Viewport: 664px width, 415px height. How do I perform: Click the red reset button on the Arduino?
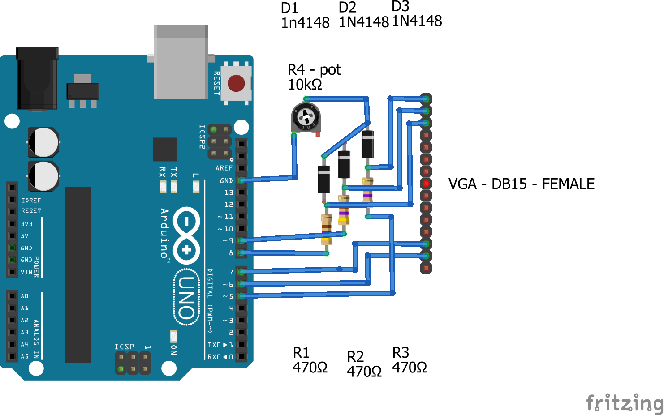click(x=236, y=83)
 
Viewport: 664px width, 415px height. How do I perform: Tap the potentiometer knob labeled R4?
click(x=306, y=118)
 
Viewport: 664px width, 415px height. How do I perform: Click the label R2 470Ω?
click(x=364, y=364)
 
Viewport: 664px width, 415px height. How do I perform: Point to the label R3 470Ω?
click(x=409, y=360)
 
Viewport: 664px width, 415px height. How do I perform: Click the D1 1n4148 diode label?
click(x=305, y=15)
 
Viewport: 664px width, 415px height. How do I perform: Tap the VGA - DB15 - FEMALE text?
click(x=521, y=184)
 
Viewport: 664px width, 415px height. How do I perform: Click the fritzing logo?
click(x=625, y=402)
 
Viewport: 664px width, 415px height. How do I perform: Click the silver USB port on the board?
click(x=181, y=62)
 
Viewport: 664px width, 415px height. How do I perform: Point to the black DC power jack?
click(x=37, y=78)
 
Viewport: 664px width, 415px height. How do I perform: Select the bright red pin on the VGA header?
click(x=426, y=184)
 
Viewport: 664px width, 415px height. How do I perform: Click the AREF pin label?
click(x=224, y=168)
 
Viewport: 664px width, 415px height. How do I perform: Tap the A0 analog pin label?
click(x=25, y=296)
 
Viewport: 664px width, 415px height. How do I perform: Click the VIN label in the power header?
click(x=26, y=272)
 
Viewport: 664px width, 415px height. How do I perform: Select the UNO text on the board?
click(x=186, y=297)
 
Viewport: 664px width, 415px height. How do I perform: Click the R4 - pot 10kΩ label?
click(x=314, y=77)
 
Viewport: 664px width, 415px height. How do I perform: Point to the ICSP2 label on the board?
click(x=202, y=137)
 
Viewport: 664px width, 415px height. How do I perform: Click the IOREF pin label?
click(x=31, y=201)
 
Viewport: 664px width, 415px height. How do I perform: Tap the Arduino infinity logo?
click(x=186, y=235)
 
